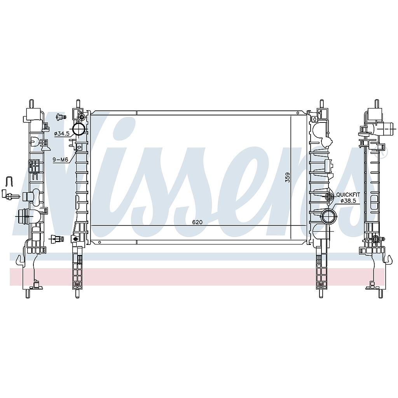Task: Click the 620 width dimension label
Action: tap(197, 222)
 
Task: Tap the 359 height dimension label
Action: tap(287, 177)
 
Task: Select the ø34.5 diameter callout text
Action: tap(62, 134)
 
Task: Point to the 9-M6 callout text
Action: tap(60, 160)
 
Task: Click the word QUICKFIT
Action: tap(348, 195)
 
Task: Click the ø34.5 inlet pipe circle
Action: tap(79, 129)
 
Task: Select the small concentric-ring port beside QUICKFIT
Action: tap(330, 196)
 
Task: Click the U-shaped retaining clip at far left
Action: tap(9, 181)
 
